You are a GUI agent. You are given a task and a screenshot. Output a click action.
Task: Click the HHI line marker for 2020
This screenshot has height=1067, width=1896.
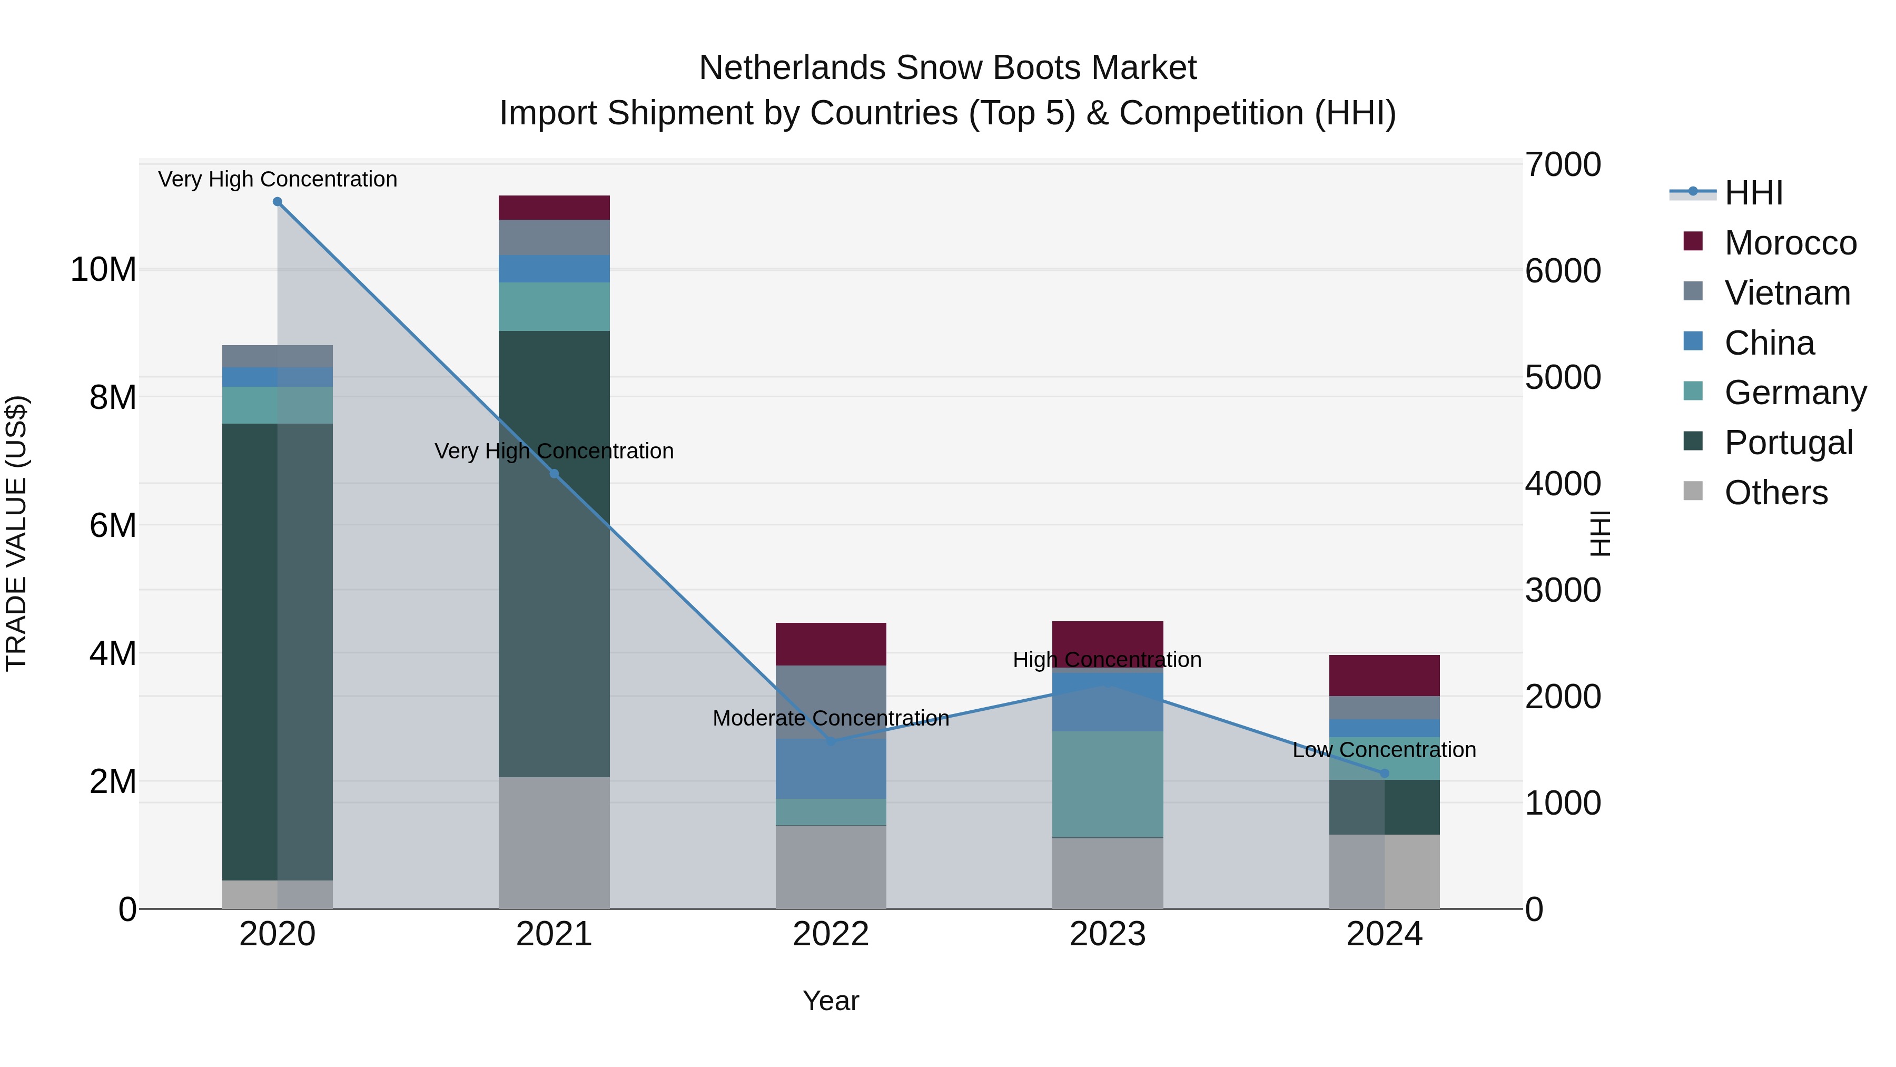click(278, 202)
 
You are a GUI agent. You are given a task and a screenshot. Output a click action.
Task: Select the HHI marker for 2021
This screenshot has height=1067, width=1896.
click(554, 474)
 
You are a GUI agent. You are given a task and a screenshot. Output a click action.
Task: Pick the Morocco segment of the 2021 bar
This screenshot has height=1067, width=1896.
click(554, 208)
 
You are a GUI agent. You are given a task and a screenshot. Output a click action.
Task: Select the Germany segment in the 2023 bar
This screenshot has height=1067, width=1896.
click(1107, 784)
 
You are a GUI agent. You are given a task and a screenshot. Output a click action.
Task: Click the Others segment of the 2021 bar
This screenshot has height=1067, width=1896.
click(554, 843)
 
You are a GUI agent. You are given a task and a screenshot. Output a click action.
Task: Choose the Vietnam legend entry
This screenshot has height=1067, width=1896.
click(1786, 293)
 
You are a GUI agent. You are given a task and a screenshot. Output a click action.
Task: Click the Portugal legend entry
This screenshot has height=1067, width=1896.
click(1788, 443)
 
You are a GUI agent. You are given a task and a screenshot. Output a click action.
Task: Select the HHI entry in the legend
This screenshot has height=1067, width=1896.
click(1753, 193)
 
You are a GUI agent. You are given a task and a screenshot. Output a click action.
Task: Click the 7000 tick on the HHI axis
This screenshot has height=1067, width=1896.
click(1562, 165)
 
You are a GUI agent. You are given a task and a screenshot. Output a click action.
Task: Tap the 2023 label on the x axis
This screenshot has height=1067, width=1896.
click(1107, 934)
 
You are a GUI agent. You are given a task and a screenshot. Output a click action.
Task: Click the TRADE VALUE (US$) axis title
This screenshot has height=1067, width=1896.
click(17, 533)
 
